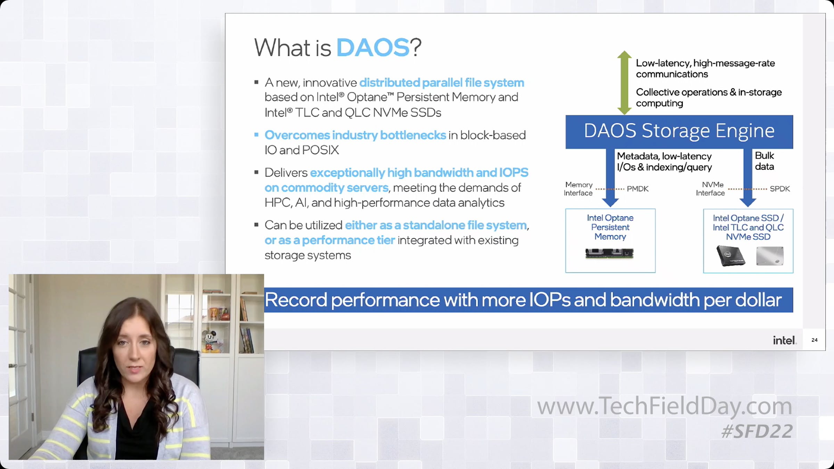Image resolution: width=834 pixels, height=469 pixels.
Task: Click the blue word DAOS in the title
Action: click(x=373, y=47)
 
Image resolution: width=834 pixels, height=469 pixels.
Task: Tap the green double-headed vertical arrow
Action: click(x=624, y=83)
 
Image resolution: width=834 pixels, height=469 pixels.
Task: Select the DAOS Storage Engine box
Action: click(x=679, y=132)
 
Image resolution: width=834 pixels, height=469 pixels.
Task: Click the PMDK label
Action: click(x=638, y=189)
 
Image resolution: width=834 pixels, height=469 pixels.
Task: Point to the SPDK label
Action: click(x=780, y=189)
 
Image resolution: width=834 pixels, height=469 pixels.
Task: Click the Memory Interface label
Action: click(x=578, y=189)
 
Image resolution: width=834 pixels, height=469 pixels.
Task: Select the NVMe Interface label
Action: click(x=711, y=189)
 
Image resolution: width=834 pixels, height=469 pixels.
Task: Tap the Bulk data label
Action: click(x=764, y=161)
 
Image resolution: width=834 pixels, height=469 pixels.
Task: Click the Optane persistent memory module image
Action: click(x=610, y=253)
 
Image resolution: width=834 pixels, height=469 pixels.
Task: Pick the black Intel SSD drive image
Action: click(x=730, y=256)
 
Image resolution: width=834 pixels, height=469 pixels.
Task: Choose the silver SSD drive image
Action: click(x=770, y=256)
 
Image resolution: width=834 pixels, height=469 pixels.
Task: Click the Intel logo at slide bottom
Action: click(x=784, y=340)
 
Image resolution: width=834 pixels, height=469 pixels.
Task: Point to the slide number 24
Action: click(x=815, y=340)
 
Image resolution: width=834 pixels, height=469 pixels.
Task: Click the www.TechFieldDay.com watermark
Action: click(x=664, y=406)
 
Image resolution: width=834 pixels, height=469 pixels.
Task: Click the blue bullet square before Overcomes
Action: click(x=256, y=135)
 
